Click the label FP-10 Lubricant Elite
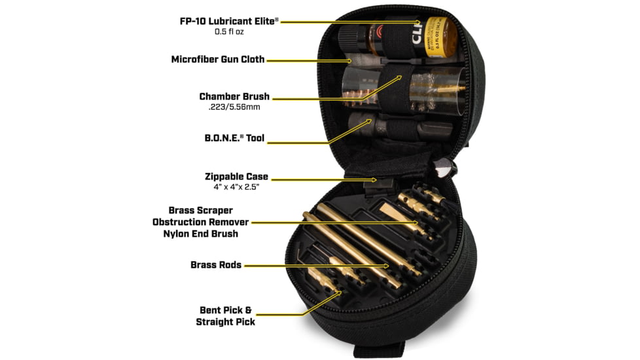coord(229,20)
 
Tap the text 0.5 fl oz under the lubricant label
coord(230,31)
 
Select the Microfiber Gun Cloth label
coord(218,59)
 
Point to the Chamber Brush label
coord(234,96)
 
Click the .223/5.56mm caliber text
coord(234,107)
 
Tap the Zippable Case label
coord(236,177)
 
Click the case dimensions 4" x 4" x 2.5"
coord(236,188)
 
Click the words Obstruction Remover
coord(200,222)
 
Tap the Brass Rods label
coord(216,265)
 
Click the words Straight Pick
coord(225,321)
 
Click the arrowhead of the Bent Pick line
coord(340,293)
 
